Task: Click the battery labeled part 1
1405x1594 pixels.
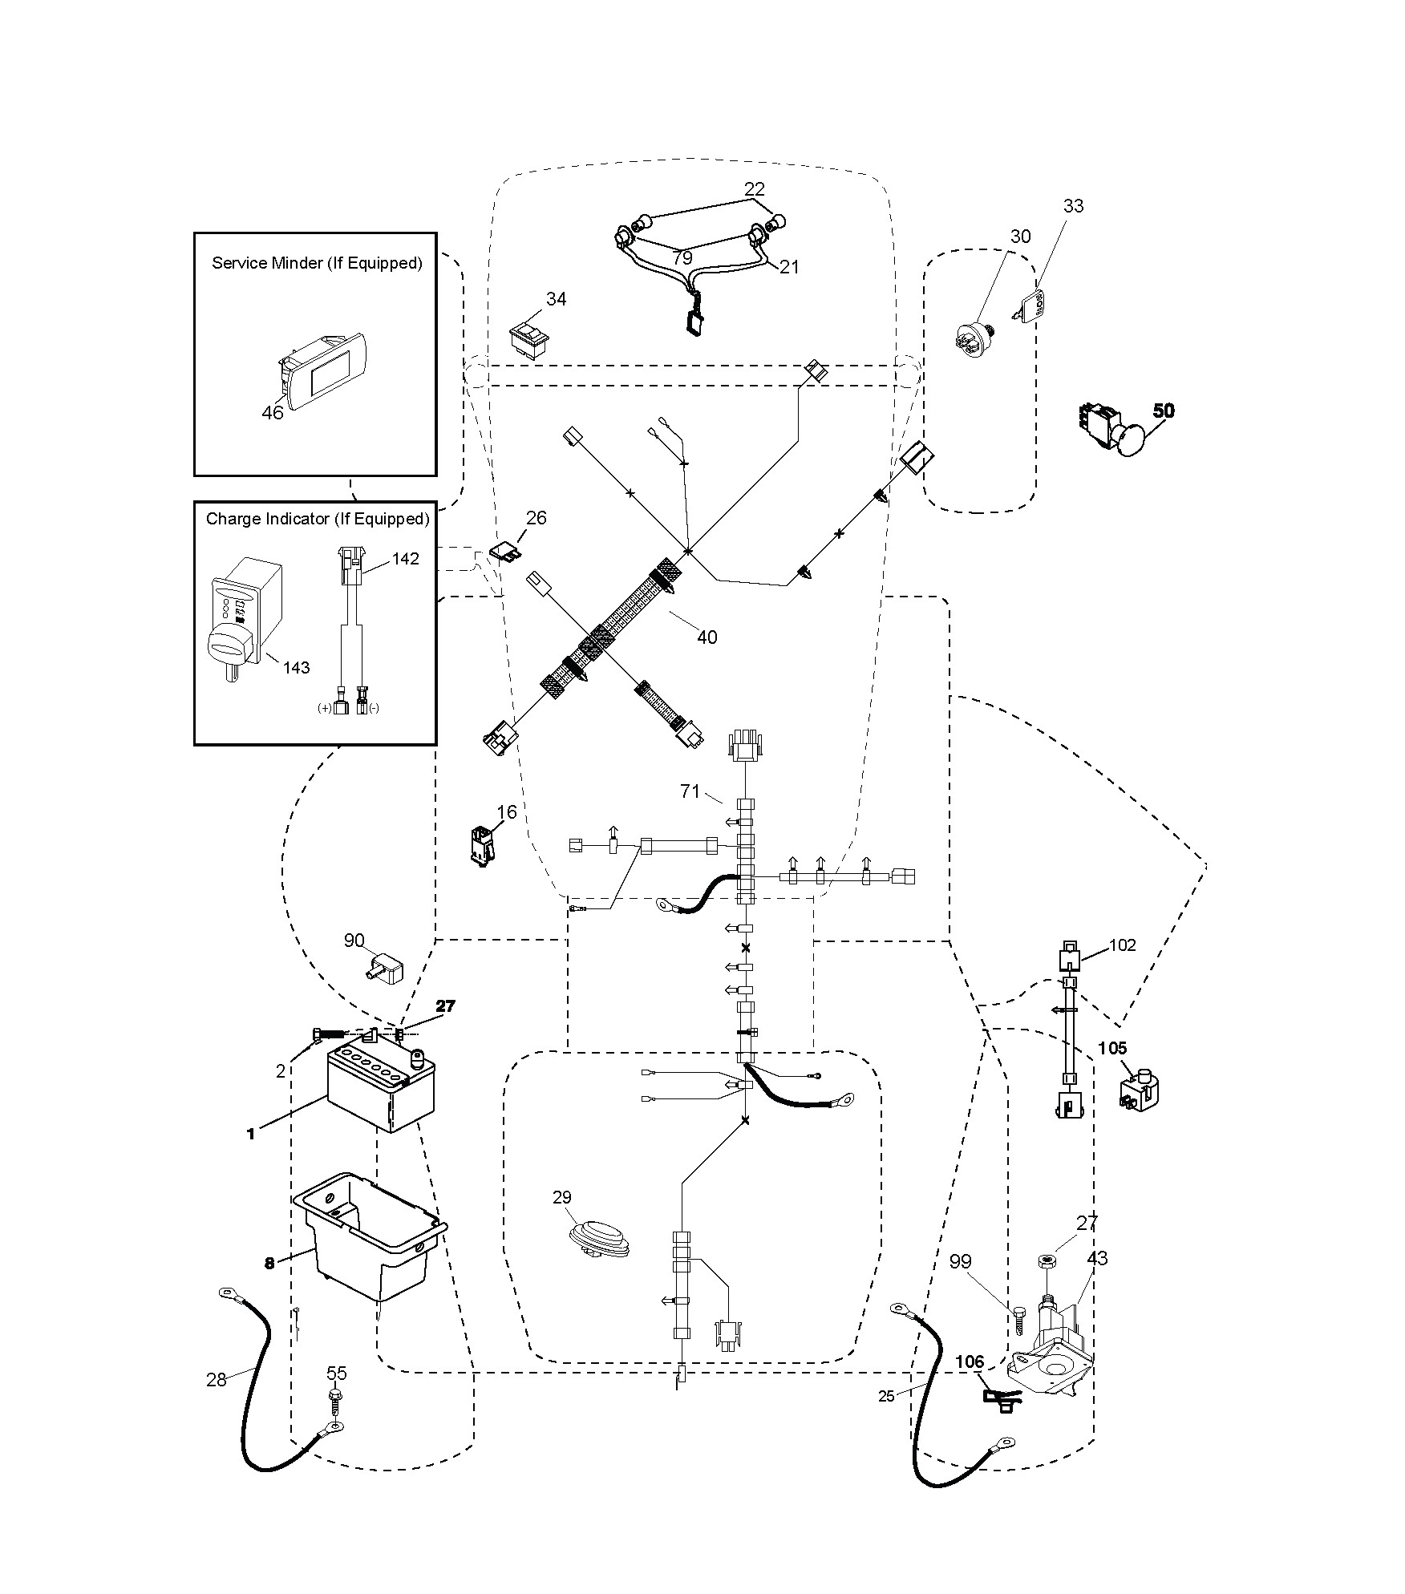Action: point(381,1090)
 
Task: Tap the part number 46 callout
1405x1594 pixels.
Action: point(273,413)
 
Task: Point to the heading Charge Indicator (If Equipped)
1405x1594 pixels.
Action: point(318,519)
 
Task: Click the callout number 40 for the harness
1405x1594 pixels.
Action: point(707,637)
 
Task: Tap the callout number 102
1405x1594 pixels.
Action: point(1123,945)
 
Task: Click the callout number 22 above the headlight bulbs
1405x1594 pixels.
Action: point(755,189)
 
